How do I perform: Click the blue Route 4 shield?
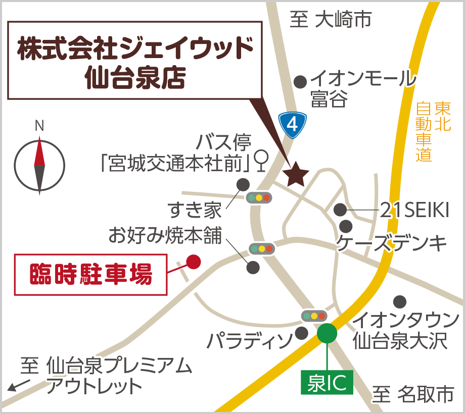[293, 125]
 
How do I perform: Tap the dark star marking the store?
[296, 174]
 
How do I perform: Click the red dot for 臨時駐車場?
[194, 261]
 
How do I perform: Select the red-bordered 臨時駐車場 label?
[90, 275]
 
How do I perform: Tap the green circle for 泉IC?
[327, 333]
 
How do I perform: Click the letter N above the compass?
[39, 126]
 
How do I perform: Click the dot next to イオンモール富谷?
[301, 81]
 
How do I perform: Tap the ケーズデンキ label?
[392, 243]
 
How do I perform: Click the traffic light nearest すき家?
[259, 197]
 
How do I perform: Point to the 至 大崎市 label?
[331, 20]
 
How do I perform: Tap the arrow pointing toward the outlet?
[19, 386]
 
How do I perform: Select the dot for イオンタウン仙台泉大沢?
[400, 301]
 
